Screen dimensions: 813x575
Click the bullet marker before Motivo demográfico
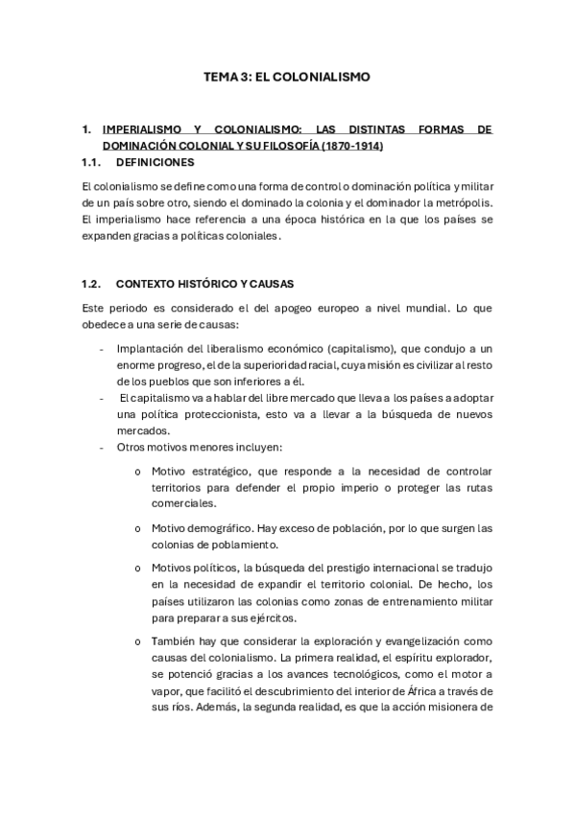(x=139, y=528)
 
